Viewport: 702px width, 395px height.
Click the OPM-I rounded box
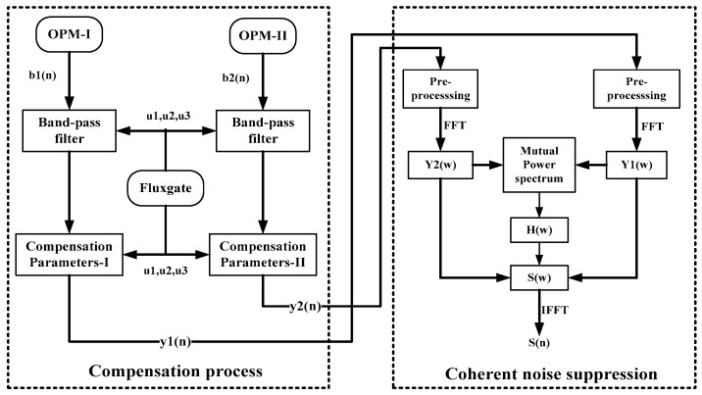point(68,38)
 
